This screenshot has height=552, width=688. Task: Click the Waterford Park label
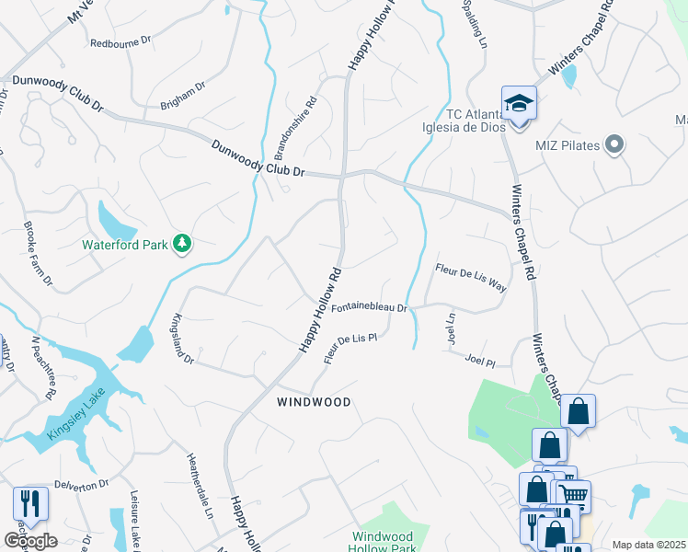pyautogui.click(x=125, y=245)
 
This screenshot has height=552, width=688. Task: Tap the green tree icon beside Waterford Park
pyautogui.click(x=183, y=244)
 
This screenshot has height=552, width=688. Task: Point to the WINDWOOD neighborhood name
pyautogui.click(x=314, y=402)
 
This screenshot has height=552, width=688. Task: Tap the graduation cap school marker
pyautogui.click(x=518, y=102)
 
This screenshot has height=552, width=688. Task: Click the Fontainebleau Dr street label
pyautogui.click(x=369, y=307)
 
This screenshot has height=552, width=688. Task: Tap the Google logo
pyautogui.click(x=30, y=540)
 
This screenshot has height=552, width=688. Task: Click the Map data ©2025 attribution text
pyautogui.click(x=648, y=545)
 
